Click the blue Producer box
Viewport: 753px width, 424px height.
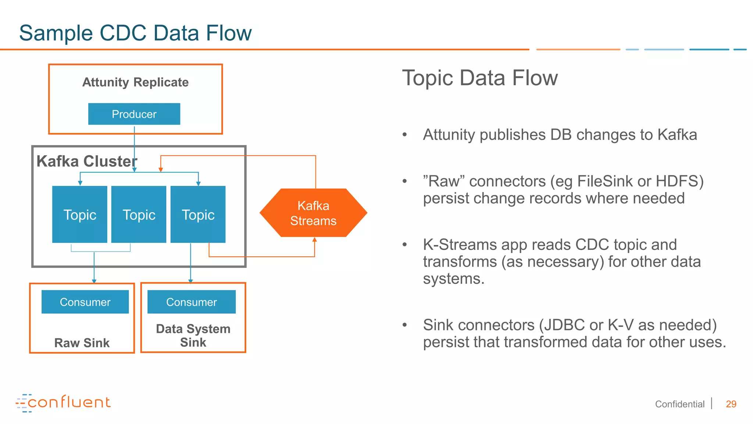pyautogui.click(x=134, y=114)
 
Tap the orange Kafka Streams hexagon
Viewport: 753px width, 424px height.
pyautogui.click(x=313, y=213)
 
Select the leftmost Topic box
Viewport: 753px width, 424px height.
pyautogui.click(x=80, y=214)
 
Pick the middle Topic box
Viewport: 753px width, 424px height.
pyautogui.click(x=139, y=214)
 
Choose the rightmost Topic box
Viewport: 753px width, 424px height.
pyautogui.click(x=198, y=214)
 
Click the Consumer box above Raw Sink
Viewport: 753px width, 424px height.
pyautogui.click(x=85, y=302)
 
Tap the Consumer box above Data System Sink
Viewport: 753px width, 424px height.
pyautogui.click(x=191, y=302)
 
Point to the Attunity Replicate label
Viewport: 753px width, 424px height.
pyautogui.click(x=135, y=82)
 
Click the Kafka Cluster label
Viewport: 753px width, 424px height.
pyautogui.click(x=87, y=161)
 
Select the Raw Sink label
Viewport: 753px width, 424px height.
pyautogui.click(x=82, y=343)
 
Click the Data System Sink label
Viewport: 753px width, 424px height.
pyautogui.click(x=193, y=335)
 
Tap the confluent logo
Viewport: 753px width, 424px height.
pyautogui.click(x=63, y=403)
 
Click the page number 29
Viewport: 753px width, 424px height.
pyautogui.click(x=731, y=404)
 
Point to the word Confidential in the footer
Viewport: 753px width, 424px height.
pyautogui.click(x=679, y=404)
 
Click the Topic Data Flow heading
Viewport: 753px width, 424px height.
pyautogui.click(x=480, y=78)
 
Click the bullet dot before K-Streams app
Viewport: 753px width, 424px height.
pyautogui.click(x=405, y=245)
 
